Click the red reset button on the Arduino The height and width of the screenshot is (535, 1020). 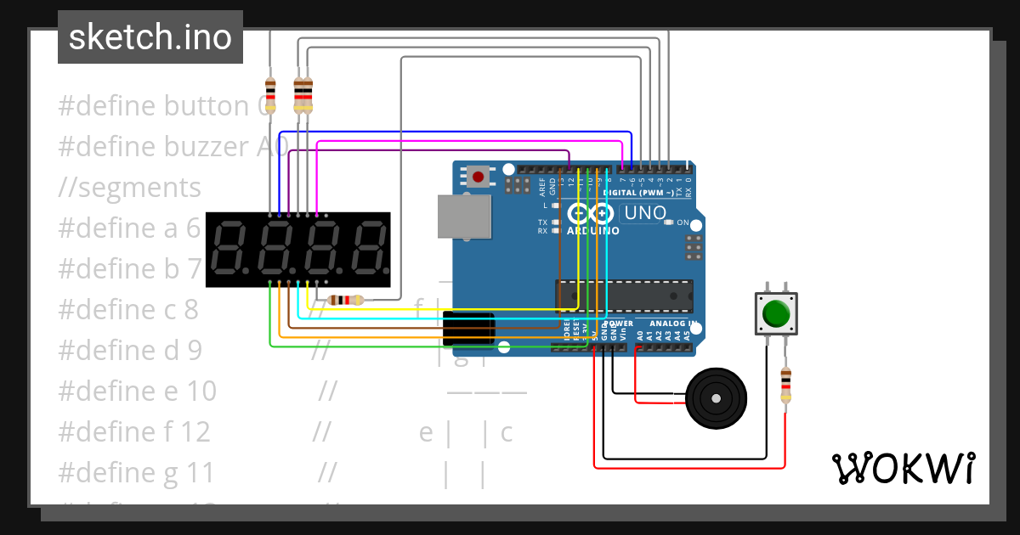[x=478, y=177]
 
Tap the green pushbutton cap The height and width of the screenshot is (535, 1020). [x=776, y=313]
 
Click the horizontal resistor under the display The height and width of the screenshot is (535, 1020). [x=345, y=300]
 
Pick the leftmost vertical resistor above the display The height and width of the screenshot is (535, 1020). [x=270, y=94]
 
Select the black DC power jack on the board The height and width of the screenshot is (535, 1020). [x=468, y=329]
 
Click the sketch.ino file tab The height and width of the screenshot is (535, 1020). [x=150, y=37]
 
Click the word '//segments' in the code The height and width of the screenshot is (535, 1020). [x=130, y=187]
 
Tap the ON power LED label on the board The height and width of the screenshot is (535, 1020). [x=682, y=222]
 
